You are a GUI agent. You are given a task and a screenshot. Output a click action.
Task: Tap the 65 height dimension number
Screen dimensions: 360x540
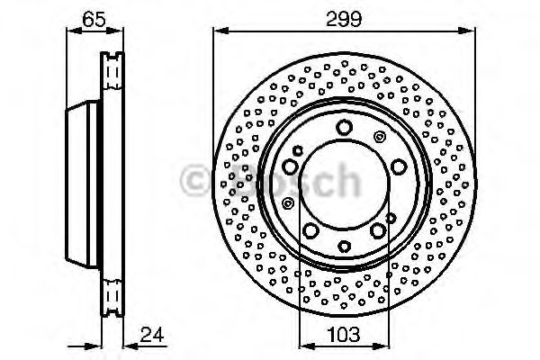click(92, 17)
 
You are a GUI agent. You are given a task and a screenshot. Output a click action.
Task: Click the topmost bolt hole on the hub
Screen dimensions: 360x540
click(344, 129)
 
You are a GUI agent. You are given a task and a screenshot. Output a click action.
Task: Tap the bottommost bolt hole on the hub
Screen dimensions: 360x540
click(344, 246)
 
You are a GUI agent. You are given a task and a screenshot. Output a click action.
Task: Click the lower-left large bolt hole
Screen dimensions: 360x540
click(310, 232)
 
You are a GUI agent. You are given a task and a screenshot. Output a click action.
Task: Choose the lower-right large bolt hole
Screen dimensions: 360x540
click(377, 232)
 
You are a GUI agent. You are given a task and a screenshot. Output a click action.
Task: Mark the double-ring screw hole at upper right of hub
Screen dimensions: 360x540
click(380, 137)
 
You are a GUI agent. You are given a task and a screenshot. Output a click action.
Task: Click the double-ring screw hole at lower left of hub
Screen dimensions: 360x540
click(287, 202)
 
